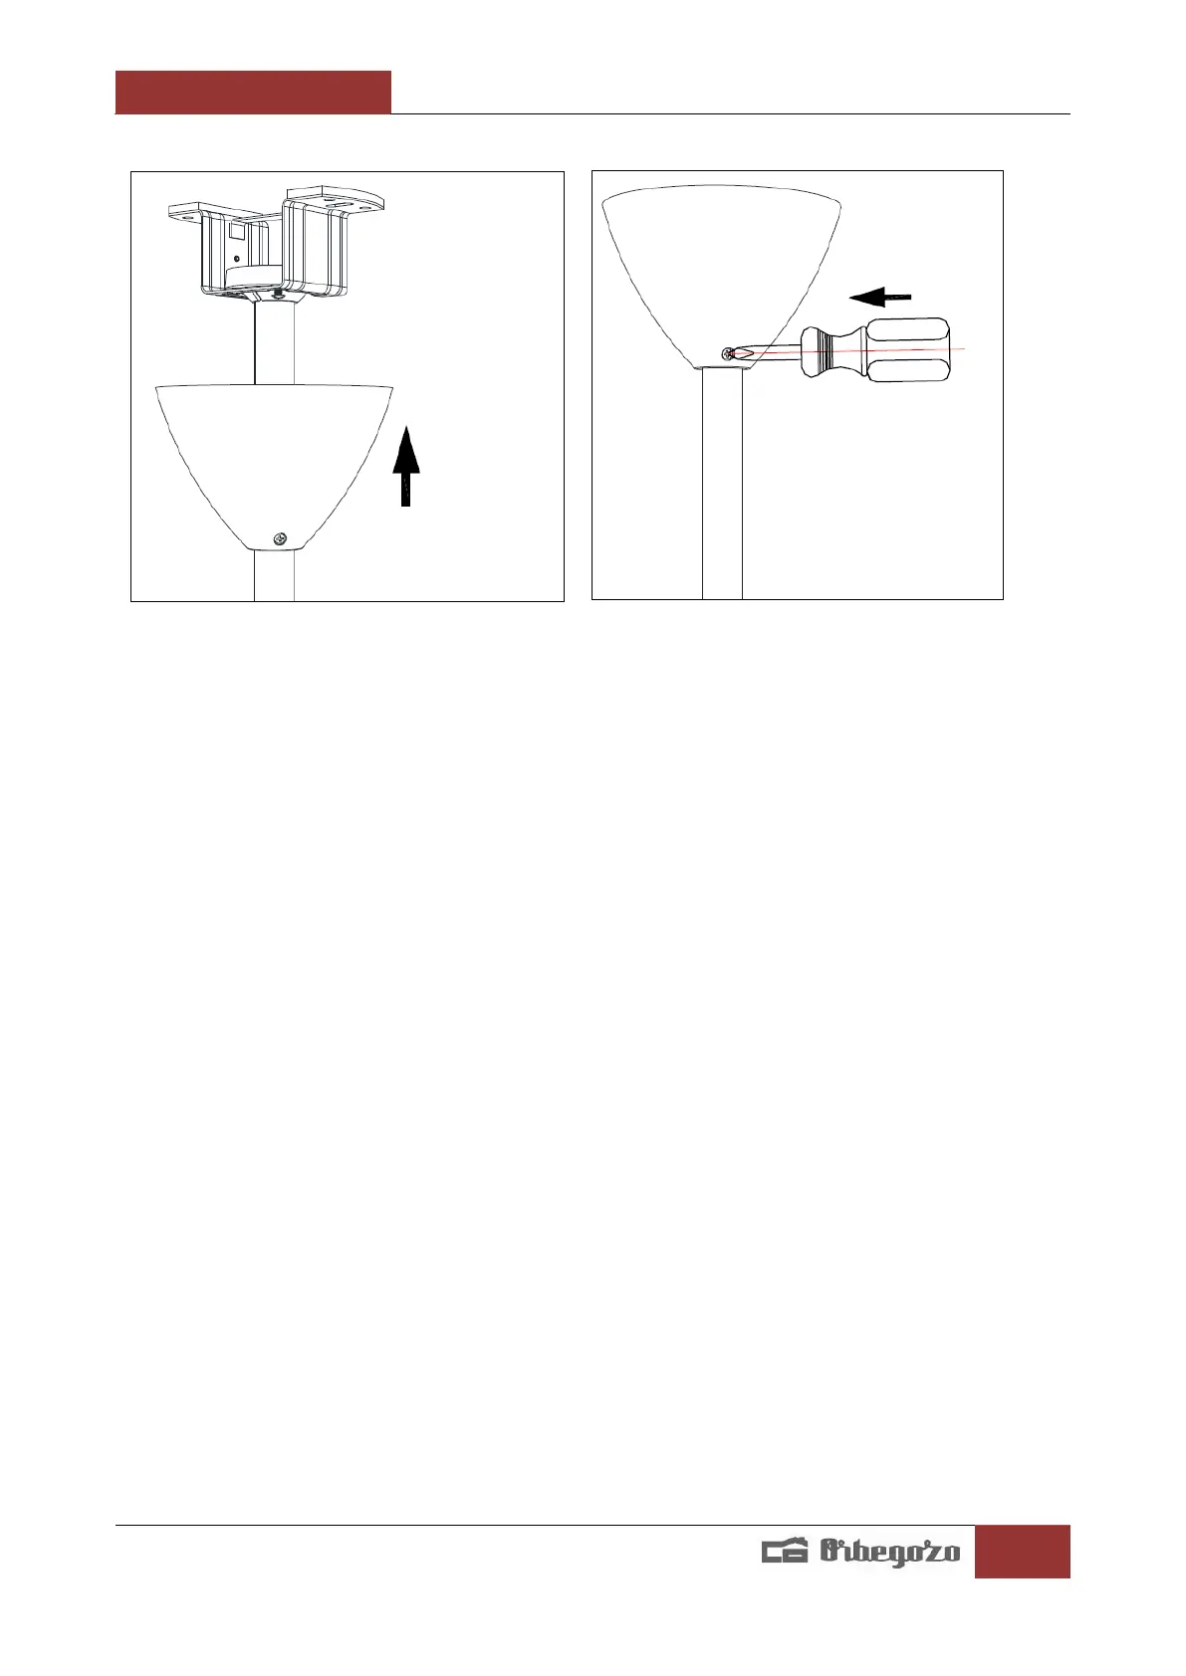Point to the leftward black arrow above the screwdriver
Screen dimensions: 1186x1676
(880, 296)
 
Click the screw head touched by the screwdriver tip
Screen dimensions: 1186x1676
(731, 353)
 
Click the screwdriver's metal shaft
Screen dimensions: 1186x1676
(772, 352)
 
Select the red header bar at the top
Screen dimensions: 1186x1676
(253, 93)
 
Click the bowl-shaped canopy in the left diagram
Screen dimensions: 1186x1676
(275, 448)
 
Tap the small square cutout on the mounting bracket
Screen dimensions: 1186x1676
(238, 231)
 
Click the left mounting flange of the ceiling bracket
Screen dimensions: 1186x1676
(188, 210)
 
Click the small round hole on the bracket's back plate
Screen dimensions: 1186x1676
(235, 259)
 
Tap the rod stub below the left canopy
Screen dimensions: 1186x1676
(274, 575)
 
